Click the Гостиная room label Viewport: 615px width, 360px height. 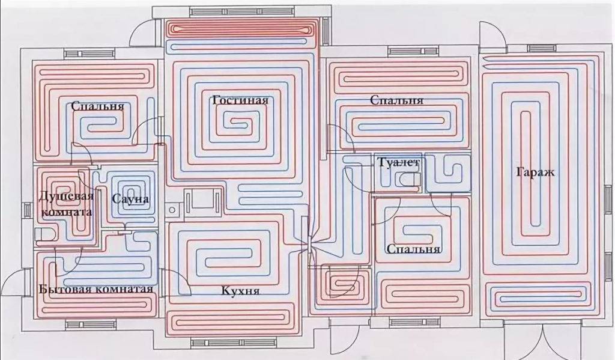pos(240,100)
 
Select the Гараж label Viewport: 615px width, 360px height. pos(535,172)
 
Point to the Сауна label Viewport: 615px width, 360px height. pos(130,199)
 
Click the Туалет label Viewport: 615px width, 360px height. pos(398,163)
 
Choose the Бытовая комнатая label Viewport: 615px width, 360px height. pos(95,290)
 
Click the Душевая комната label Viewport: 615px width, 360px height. pos(65,204)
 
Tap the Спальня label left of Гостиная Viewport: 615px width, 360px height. pos(97,107)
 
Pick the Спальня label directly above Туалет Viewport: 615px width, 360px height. pos(396,100)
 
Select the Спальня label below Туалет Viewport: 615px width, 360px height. pos(414,249)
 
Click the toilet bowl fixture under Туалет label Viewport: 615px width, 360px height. pos(408,180)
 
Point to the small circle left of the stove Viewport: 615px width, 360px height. pos(172,210)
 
